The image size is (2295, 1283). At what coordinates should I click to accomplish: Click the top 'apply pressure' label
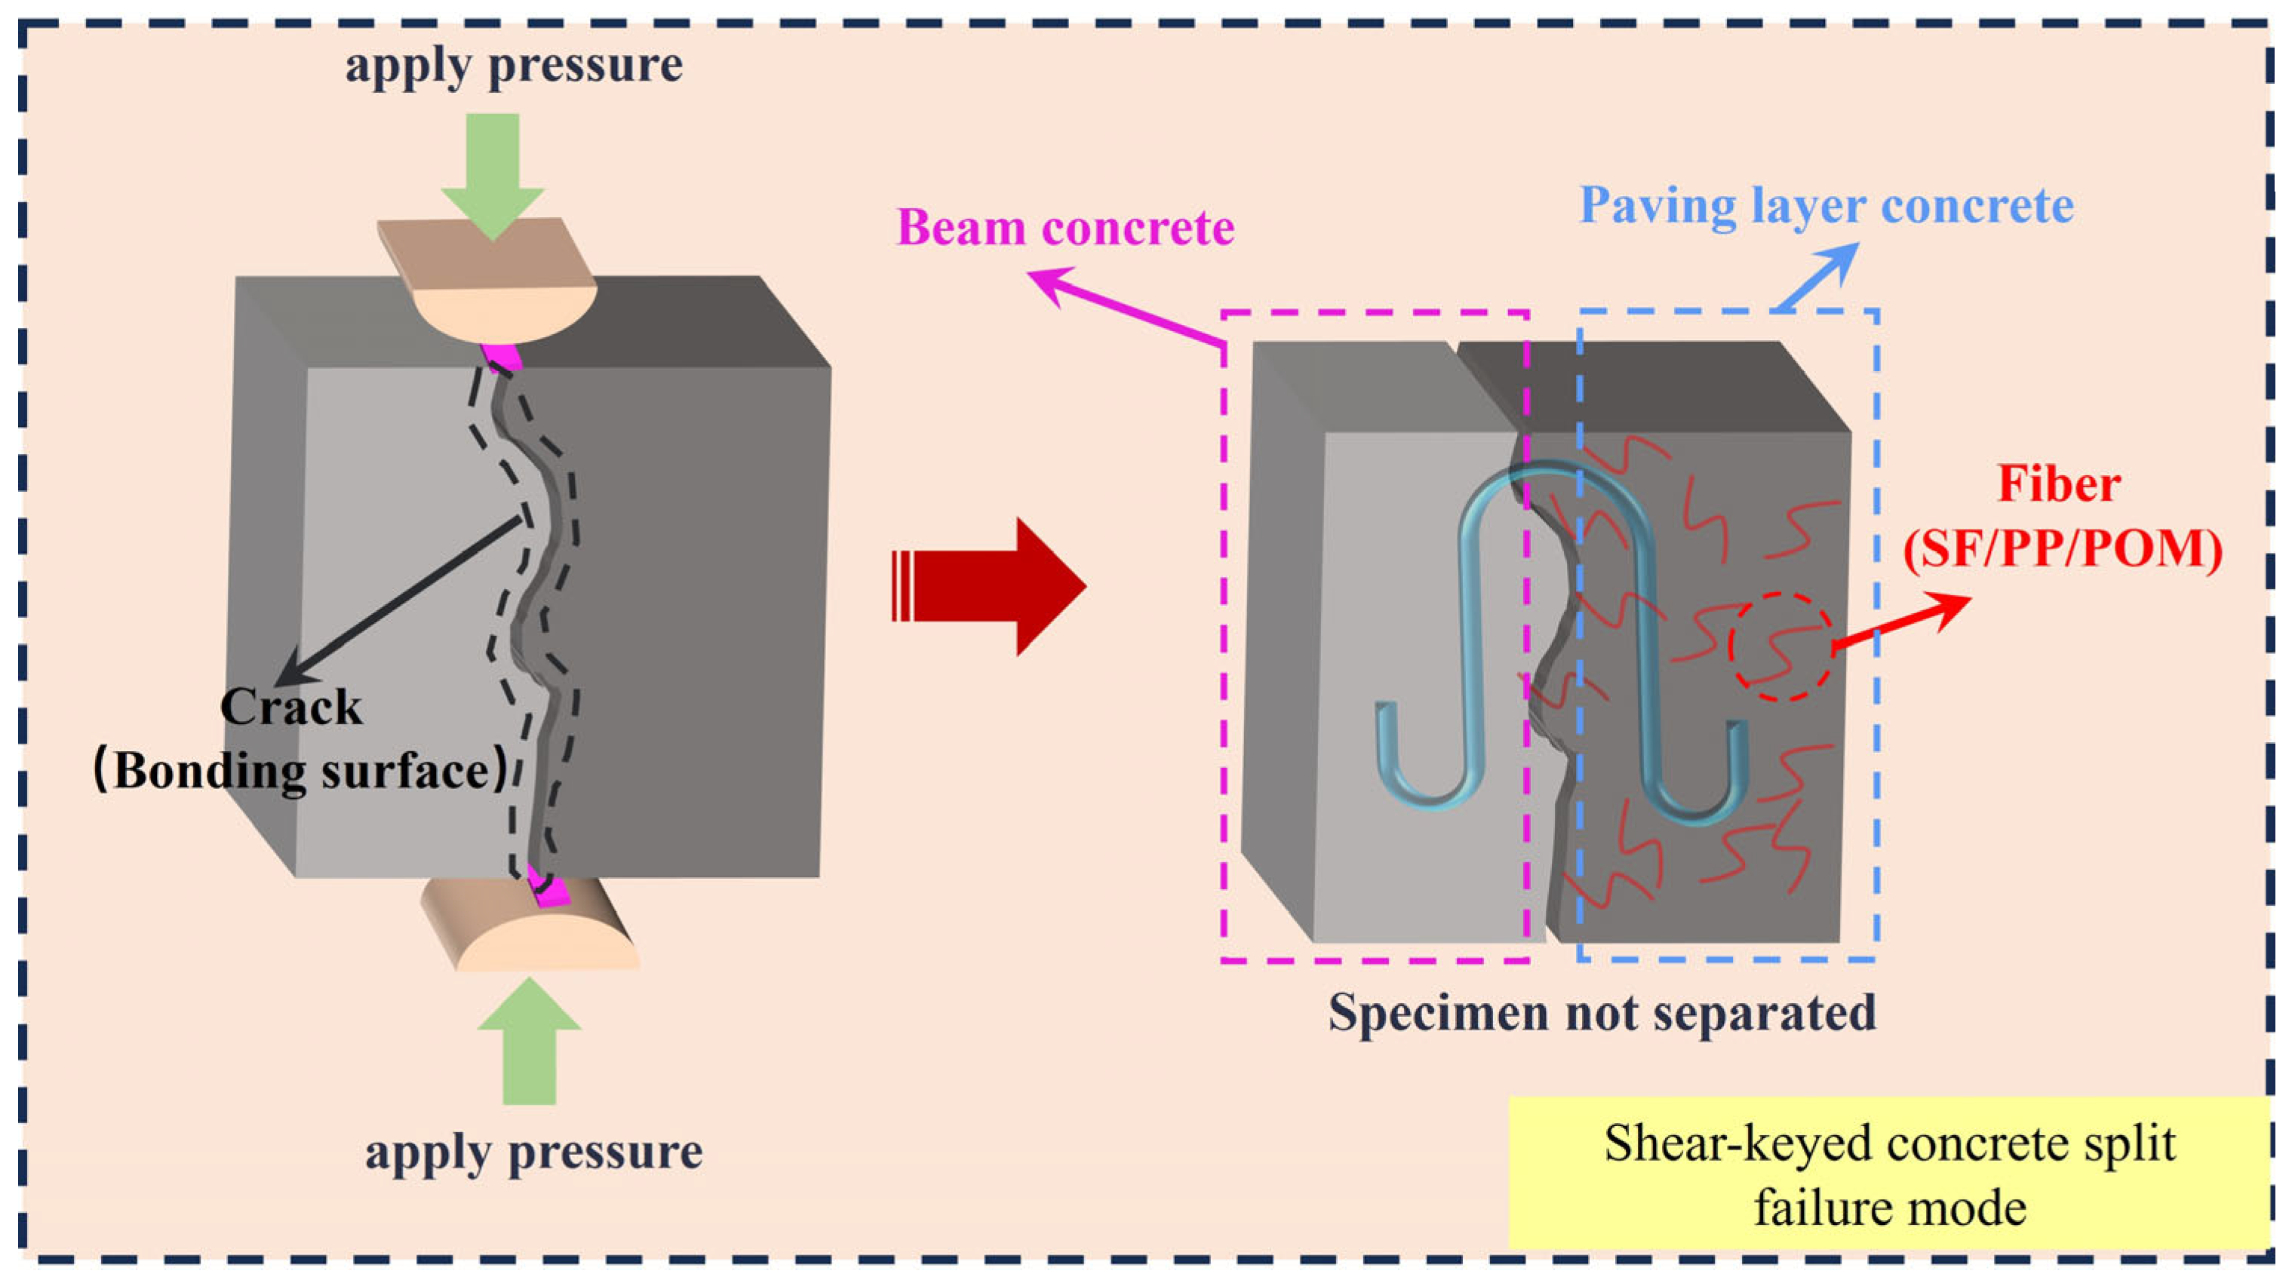coord(514,66)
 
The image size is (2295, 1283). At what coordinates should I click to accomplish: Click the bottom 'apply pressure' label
coord(533,1152)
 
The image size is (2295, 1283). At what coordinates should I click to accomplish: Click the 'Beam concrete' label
coord(1065,228)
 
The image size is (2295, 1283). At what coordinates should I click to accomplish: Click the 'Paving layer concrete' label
coord(1826,207)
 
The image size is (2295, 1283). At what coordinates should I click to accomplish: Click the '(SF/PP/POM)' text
coord(2062,550)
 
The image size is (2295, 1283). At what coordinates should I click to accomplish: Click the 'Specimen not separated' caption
coord(1602,1013)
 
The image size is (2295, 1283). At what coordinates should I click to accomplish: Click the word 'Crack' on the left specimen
coord(291,708)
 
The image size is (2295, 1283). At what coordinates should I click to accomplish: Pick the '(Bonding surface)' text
coord(301,771)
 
